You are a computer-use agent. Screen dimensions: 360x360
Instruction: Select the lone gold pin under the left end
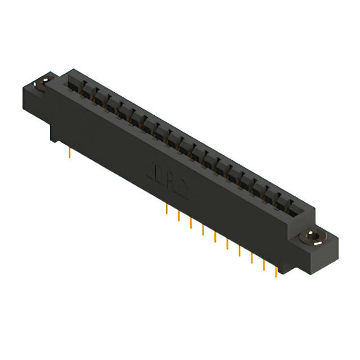[69, 152]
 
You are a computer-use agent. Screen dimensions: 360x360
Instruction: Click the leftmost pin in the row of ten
[167, 210]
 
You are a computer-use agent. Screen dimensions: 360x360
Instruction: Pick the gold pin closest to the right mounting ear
[276, 272]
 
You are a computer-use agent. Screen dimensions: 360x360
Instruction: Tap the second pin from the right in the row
[263, 265]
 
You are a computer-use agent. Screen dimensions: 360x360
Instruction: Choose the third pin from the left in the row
[191, 223]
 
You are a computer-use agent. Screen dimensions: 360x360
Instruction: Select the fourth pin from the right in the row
[240, 251]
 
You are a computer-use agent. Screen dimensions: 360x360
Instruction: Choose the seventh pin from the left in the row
[240, 251]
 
